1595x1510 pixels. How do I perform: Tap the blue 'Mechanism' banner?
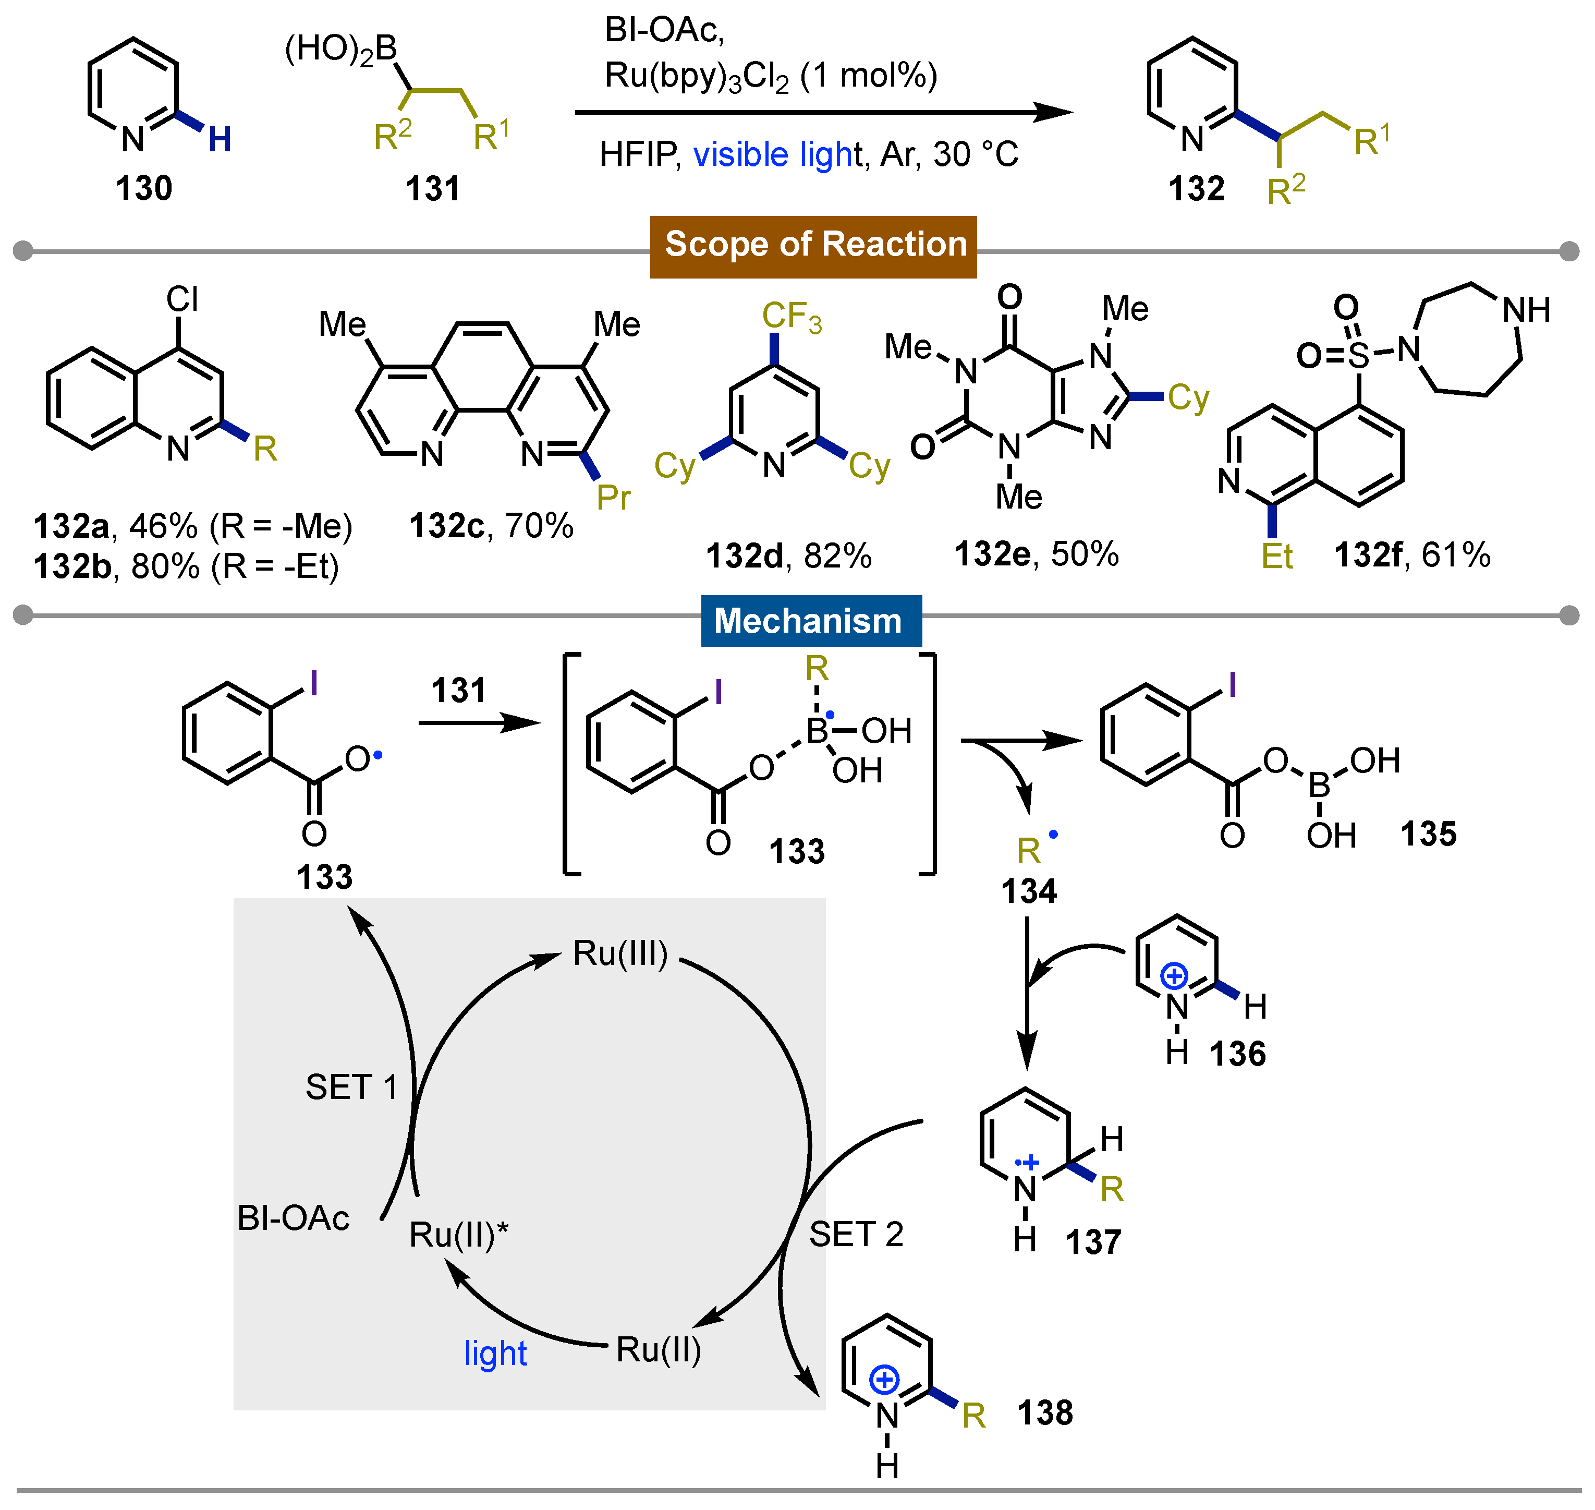(810, 621)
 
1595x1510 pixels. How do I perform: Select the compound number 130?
(144, 188)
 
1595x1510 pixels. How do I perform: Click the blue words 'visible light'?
(776, 154)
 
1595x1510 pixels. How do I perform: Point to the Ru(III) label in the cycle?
(619, 954)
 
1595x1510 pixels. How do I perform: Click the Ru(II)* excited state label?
(458, 1235)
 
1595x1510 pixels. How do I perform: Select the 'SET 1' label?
(351, 1088)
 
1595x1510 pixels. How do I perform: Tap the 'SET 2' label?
(856, 1234)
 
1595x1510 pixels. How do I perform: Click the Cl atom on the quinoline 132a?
(182, 299)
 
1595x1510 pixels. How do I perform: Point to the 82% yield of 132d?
(837, 556)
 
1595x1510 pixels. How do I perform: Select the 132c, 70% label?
(491, 526)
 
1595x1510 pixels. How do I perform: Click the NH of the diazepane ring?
(1526, 310)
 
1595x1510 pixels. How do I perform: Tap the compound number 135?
(1429, 834)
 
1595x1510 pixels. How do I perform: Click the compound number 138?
(1044, 1412)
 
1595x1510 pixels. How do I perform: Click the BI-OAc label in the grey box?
(294, 1218)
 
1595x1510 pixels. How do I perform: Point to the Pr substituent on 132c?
(613, 498)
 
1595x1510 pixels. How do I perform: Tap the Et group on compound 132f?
(1276, 556)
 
